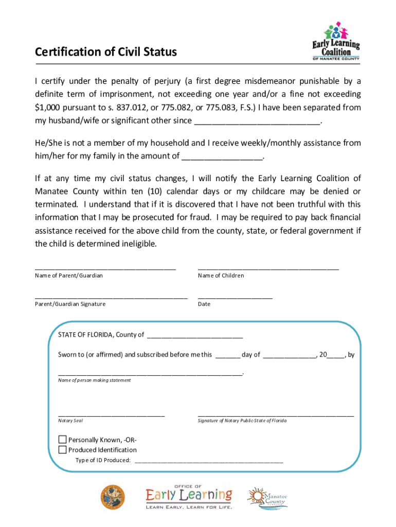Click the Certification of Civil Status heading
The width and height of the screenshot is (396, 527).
[x=106, y=52]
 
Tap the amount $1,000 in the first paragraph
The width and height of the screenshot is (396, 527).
[x=47, y=108]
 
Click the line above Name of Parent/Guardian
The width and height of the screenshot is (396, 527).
[x=105, y=268]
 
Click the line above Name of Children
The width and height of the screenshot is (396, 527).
[x=268, y=268]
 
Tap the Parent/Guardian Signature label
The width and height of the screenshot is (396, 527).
[x=70, y=304]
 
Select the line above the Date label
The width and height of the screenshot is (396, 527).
[x=235, y=297]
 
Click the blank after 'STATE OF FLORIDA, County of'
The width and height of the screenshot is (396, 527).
[x=194, y=336]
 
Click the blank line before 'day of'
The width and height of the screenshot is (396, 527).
[x=227, y=356]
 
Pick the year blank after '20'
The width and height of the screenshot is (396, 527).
[x=336, y=356]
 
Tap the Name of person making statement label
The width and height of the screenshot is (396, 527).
[x=94, y=380]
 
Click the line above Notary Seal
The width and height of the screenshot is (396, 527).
[x=111, y=414]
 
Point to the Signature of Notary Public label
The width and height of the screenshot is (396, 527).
[x=242, y=421]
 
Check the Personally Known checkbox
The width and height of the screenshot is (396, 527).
[x=62, y=440]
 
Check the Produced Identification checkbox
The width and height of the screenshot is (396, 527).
[x=62, y=450]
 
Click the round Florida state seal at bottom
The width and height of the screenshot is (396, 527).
[x=113, y=497]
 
